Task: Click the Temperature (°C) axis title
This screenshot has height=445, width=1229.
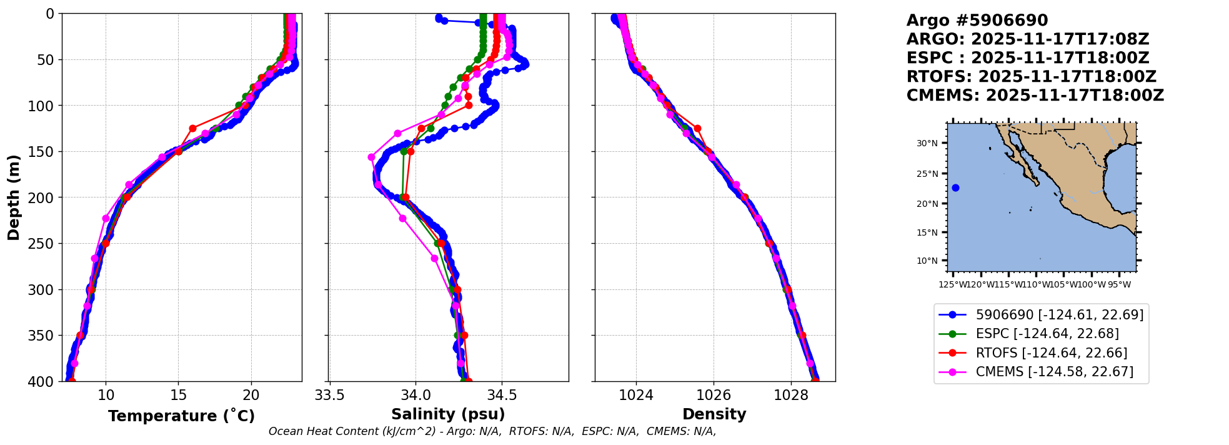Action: pyautogui.click(x=181, y=416)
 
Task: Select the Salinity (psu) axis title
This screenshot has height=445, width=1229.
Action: pyautogui.click(x=448, y=414)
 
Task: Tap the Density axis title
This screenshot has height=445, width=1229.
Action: pyautogui.click(x=714, y=414)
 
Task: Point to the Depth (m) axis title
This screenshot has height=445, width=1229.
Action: pyautogui.click(x=14, y=197)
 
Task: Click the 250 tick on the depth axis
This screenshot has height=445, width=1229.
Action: pyautogui.click(x=45, y=244)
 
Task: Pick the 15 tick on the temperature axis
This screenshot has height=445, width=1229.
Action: pyautogui.click(x=179, y=395)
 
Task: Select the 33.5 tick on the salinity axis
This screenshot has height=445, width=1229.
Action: pyautogui.click(x=329, y=395)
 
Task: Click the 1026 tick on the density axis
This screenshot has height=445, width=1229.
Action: pyautogui.click(x=714, y=395)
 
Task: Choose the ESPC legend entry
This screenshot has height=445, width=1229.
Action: pyautogui.click(x=1047, y=334)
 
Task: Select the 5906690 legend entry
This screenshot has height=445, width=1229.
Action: pyautogui.click(x=1059, y=315)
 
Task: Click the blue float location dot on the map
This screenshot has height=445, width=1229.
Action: pyautogui.click(x=955, y=188)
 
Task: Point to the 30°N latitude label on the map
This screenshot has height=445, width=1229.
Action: pyautogui.click(x=927, y=144)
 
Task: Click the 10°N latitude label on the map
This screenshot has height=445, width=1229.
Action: pyautogui.click(x=927, y=261)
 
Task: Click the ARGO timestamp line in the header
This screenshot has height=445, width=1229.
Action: pyautogui.click(x=1028, y=39)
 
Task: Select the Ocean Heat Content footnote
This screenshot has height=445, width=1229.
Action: pyautogui.click(x=492, y=431)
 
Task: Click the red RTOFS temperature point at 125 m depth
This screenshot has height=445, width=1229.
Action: pyautogui.click(x=192, y=128)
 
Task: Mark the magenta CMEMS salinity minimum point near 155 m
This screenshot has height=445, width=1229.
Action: pyautogui.click(x=371, y=157)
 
